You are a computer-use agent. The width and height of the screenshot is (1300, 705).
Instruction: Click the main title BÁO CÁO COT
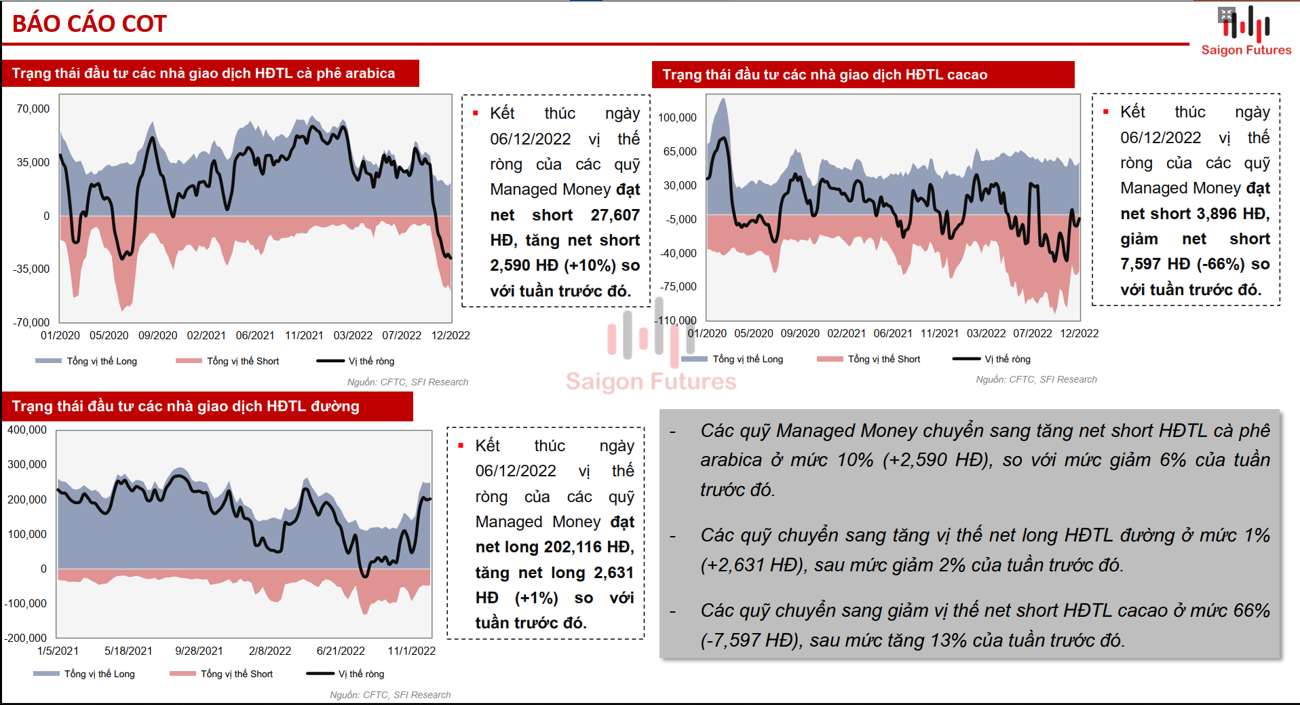click(89, 24)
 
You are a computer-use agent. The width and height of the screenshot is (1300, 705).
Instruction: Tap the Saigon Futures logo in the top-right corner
click(1246, 31)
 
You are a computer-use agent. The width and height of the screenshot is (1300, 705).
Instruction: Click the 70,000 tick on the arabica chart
click(33, 109)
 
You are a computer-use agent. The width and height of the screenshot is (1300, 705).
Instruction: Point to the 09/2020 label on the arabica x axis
click(157, 335)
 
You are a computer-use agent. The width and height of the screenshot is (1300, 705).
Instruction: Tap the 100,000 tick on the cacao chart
click(677, 117)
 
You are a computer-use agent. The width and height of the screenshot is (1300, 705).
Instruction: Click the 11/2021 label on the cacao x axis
click(939, 333)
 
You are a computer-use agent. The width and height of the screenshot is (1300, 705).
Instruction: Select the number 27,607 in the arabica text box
click(615, 215)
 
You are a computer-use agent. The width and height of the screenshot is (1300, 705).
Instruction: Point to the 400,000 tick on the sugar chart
click(27, 430)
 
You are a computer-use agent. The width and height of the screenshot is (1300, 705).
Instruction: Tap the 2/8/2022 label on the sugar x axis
click(269, 651)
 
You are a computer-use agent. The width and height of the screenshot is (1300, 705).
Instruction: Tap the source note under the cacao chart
click(1036, 379)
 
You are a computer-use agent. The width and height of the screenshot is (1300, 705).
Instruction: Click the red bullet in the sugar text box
click(461, 446)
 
